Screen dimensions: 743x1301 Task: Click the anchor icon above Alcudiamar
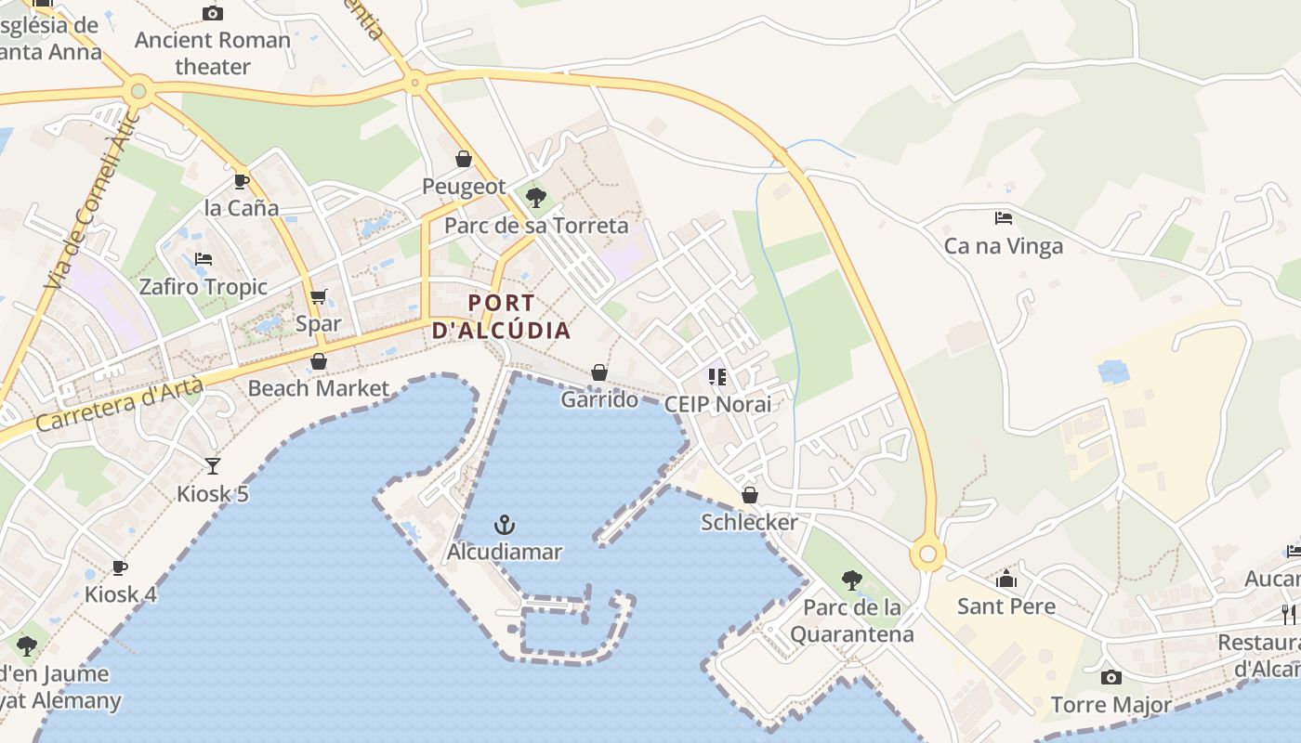[505, 526]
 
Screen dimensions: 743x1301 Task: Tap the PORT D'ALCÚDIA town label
[502, 317]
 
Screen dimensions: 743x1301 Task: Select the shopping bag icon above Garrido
[599, 372]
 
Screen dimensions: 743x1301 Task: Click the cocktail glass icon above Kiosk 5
[213, 465]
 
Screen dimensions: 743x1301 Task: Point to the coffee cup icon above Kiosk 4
[120, 567]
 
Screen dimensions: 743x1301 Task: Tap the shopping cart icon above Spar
[319, 297]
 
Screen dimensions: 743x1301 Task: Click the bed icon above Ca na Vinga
[1004, 218]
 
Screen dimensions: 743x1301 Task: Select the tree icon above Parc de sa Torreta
[535, 197]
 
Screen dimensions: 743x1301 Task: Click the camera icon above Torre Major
[1110, 677]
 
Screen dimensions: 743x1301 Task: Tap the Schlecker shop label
[749, 522]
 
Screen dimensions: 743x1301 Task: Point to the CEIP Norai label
[717, 404]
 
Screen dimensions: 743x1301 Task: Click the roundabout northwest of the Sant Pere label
[927, 554]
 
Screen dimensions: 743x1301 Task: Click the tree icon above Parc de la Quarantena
[851, 580]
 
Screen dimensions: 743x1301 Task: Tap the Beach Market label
[318, 388]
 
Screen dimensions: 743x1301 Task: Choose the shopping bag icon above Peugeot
[464, 159]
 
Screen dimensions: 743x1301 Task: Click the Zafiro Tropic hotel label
[204, 287]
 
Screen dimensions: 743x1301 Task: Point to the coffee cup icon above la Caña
[242, 181]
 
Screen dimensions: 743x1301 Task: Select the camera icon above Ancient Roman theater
[213, 13]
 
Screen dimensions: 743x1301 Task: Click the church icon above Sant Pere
[1006, 580]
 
